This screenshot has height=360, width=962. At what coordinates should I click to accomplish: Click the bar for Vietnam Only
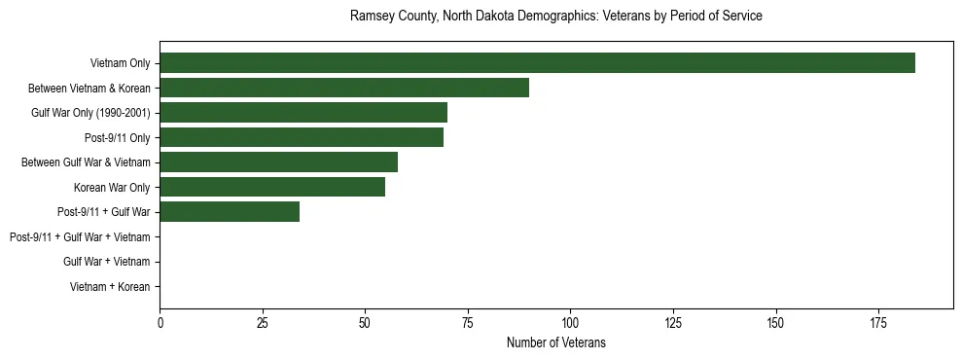pyautogui.click(x=537, y=62)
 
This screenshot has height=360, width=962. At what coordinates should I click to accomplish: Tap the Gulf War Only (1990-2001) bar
pyautogui.click(x=303, y=112)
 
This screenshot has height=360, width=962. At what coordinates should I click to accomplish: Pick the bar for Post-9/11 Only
pyautogui.click(x=302, y=137)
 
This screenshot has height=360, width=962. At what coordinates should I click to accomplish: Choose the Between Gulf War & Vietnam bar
pyautogui.click(x=278, y=162)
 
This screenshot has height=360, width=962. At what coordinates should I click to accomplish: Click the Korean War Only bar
pyautogui.click(x=272, y=187)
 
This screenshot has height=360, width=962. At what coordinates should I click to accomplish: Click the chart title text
pyautogui.click(x=555, y=17)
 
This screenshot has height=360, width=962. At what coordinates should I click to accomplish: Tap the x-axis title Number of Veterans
pyautogui.click(x=555, y=342)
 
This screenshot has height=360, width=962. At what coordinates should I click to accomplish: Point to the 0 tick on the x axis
pyautogui.click(x=160, y=322)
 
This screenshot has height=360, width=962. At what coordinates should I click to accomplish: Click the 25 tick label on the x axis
pyautogui.click(x=263, y=322)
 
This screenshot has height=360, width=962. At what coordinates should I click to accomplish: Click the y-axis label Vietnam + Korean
pyautogui.click(x=110, y=287)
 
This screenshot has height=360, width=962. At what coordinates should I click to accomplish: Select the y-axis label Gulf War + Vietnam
pyautogui.click(x=106, y=262)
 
